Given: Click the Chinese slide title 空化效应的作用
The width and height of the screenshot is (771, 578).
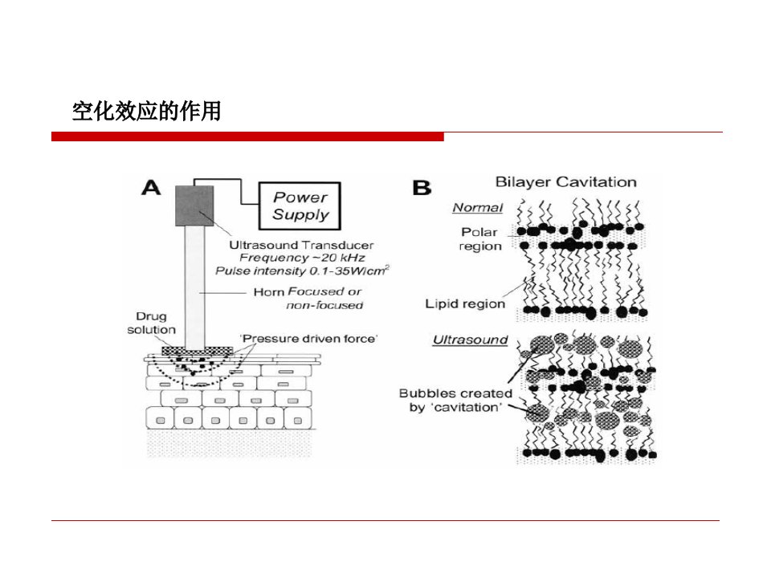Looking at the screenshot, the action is [x=146, y=111].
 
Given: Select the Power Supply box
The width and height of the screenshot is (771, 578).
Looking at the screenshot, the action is [x=300, y=206].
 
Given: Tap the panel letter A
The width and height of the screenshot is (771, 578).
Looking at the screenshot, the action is [x=151, y=188].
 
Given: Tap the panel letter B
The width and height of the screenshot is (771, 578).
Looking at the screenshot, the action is [x=422, y=188].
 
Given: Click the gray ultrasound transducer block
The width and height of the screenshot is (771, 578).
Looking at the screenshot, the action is [x=194, y=206].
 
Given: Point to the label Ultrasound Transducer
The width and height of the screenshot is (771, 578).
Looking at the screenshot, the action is [x=301, y=245].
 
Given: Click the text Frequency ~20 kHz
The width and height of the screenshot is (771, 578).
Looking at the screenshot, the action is [x=302, y=258].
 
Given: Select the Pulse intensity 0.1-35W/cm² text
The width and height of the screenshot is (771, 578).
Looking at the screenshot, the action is [x=303, y=271].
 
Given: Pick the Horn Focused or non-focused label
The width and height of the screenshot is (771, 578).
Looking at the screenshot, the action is [x=308, y=299].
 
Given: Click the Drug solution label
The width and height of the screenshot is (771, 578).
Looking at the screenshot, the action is [x=152, y=323].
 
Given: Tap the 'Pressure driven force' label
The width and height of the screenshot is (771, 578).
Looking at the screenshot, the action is [x=308, y=339].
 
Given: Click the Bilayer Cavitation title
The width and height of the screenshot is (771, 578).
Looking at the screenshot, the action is [x=565, y=182].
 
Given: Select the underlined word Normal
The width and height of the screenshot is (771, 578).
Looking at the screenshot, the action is [x=477, y=208].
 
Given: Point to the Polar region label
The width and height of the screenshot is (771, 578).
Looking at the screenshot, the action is [x=480, y=239].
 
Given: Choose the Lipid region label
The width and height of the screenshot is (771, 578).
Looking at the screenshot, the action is [x=465, y=303].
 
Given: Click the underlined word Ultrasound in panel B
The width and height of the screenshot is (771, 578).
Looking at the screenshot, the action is [x=470, y=340].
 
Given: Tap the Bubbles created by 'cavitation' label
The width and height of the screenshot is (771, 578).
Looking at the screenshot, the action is [x=456, y=400].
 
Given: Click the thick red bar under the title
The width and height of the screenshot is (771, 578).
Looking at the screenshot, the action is [x=247, y=136].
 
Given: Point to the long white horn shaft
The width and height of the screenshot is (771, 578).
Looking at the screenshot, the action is [x=194, y=287].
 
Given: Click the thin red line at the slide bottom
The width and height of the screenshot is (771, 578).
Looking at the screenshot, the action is [x=385, y=520].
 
